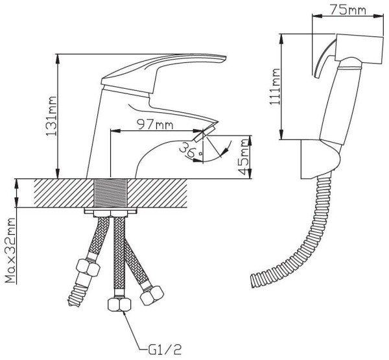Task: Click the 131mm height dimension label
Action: point(51,115)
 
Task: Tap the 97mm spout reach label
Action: point(156,125)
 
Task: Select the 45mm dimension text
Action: point(243,157)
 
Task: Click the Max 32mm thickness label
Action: point(10,251)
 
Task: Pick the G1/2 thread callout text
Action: point(165,350)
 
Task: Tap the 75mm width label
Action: point(348,10)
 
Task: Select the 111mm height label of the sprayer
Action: point(275,86)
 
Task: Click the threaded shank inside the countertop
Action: point(111,193)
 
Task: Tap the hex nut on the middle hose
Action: point(119,304)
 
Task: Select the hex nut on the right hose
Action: point(152,295)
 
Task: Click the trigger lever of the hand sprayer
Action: point(323,59)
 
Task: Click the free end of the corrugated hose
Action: point(255,281)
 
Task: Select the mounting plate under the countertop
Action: point(111,211)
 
